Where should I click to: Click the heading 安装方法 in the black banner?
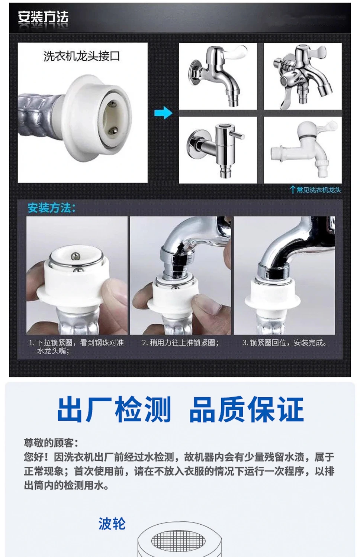click(x=43, y=17)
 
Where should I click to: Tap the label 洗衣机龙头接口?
click(x=81, y=56)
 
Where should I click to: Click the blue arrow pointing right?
click(x=163, y=113)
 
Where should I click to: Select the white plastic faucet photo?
click(x=302, y=150)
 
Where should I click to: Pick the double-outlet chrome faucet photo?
click(x=302, y=76)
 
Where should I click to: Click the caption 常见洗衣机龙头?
click(x=319, y=190)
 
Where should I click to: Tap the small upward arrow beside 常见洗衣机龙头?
click(x=293, y=190)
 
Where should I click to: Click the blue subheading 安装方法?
click(x=51, y=208)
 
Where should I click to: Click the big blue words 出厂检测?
click(x=114, y=409)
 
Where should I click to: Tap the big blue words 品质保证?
click(x=246, y=409)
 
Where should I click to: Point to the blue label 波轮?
click(x=112, y=524)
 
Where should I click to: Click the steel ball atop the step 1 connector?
click(x=75, y=255)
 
